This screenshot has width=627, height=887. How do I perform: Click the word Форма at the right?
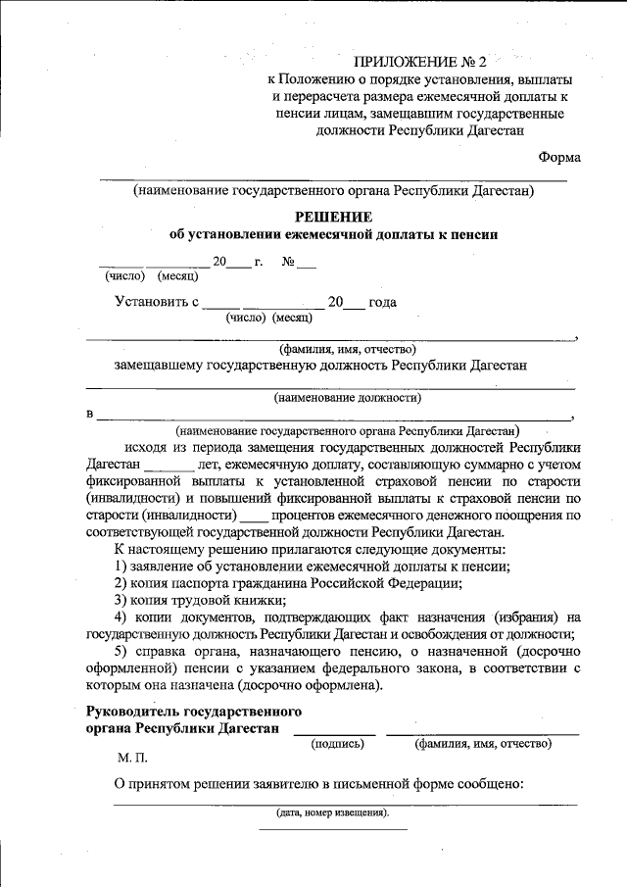pyautogui.click(x=559, y=157)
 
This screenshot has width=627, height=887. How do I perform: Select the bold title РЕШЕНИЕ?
pyautogui.click(x=333, y=216)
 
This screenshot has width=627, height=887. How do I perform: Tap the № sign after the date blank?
pyautogui.click(x=289, y=262)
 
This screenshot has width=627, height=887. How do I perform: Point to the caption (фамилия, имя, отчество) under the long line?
pyautogui.click(x=348, y=349)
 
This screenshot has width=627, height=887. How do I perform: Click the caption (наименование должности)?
pyautogui.click(x=348, y=398)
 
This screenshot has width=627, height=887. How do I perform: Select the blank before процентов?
pyautogui.click(x=253, y=515)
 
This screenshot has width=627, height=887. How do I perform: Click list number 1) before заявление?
pyautogui.click(x=121, y=566)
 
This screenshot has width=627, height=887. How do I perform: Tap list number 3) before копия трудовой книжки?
pyautogui.click(x=121, y=599)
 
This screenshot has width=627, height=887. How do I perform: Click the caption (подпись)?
pyautogui.click(x=338, y=744)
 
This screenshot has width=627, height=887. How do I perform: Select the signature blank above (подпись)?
pyautogui.click(x=334, y=731)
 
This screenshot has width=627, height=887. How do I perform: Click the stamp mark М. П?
pyautogui.click(x=130, y=759)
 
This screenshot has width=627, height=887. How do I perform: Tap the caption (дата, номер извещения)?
pyautogui.click(x=332, y=813)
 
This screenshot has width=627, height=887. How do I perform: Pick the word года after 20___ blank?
pyautogui.click(x=382, y=303)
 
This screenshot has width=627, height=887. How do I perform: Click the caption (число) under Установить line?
pyautogui.click(x=246, y=318)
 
